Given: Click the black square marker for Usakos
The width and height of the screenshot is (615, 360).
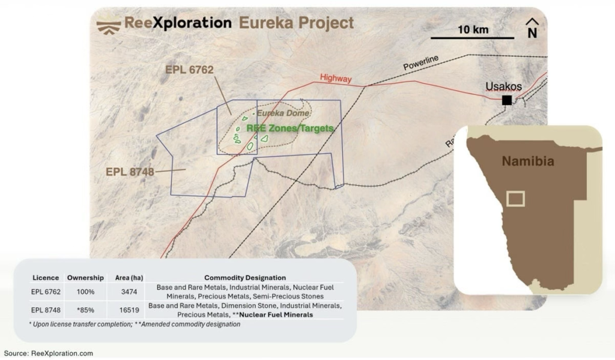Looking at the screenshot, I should click(x=507, y=100).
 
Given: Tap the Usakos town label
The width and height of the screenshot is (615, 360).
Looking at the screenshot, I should click(x=503, y=87).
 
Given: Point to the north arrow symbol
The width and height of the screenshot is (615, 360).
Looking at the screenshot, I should click(x=532, y=28).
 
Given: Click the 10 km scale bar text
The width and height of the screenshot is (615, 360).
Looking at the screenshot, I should click(x=473, y=29).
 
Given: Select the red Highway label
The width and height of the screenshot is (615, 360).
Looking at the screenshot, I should click(x=336, y=78).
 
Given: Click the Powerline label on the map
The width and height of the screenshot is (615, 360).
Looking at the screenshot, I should click(x=421, y=63).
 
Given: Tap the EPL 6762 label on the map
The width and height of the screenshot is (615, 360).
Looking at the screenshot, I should click(x=189, y=70).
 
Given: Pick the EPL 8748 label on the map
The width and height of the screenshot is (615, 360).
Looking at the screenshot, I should click(x=130, y=172).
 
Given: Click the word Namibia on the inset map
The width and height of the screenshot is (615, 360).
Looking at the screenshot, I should click(x=528, y=161).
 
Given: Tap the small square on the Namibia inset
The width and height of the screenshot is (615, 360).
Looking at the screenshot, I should click(x=516, y=198).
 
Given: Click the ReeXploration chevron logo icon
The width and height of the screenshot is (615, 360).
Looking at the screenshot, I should click(x=108, y=25).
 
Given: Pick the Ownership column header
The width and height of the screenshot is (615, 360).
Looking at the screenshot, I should click(x=85, y=278).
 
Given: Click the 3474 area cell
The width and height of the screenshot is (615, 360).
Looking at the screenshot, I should click(x=123, y=291).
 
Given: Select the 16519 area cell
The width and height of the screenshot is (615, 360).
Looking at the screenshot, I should click(x=123, y=310).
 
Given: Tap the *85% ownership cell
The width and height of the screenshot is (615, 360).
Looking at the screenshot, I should click(x=85, y=310).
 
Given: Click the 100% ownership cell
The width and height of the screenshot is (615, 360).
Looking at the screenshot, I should click(x=85, y=291).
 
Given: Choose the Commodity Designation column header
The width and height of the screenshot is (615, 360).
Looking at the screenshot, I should click(x=245, y=278).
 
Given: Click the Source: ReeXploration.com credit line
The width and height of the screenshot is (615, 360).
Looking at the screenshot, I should click(x=49, y=353).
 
